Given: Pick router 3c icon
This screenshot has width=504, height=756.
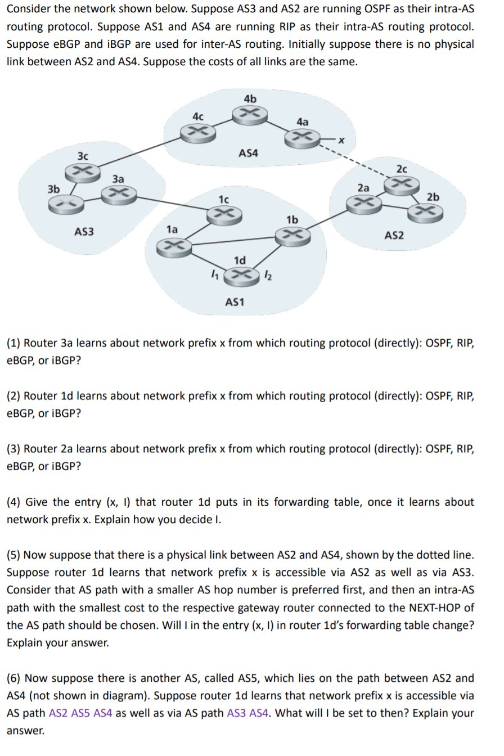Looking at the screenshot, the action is (82, 170).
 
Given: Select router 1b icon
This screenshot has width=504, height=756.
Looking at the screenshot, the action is (294, 235).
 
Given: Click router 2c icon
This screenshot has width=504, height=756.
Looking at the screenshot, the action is (401, 184).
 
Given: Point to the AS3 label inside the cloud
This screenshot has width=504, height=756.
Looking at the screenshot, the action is (84, 231).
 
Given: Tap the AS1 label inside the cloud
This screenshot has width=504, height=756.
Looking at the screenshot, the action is (235, 302).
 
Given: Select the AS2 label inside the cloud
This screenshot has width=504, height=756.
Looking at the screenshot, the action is (394, 235).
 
